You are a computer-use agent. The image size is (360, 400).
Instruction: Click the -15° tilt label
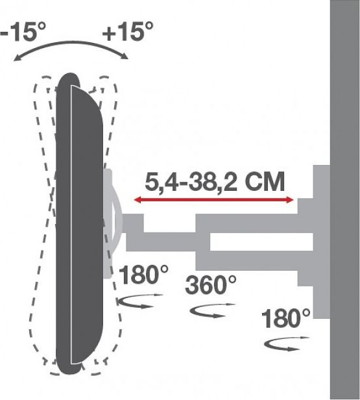click(23, 31)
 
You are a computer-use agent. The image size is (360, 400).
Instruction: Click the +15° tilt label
click(128, 31)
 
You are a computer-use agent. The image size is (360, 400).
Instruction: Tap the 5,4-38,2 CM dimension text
click(215, 182)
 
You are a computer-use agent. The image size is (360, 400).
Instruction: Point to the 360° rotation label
click(211, 285)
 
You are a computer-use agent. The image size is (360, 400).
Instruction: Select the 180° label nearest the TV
click(144, 275)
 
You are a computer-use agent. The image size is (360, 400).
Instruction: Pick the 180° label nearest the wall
click(286, 319)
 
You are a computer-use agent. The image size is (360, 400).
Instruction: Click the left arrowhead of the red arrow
click(138, 200)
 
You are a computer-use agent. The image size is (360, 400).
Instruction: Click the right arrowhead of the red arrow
click(290, 200)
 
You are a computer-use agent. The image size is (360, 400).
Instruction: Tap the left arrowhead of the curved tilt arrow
click(17, 58)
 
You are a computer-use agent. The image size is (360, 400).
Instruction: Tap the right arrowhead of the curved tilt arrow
click(125, 56)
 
